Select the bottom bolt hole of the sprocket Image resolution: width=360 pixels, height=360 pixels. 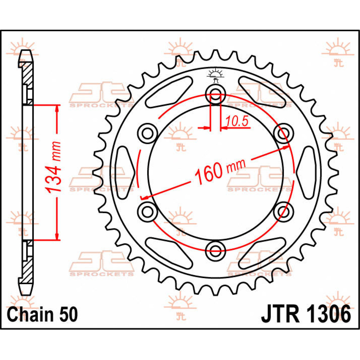(x=215, y=249)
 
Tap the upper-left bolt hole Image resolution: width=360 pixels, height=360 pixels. (x=147, y=132)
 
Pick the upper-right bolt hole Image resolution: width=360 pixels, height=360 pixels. (x=283, y=132)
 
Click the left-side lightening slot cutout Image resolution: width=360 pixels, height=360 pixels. (x=125, y=172)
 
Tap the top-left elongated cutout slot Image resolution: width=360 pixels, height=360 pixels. (x=168, y=92)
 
